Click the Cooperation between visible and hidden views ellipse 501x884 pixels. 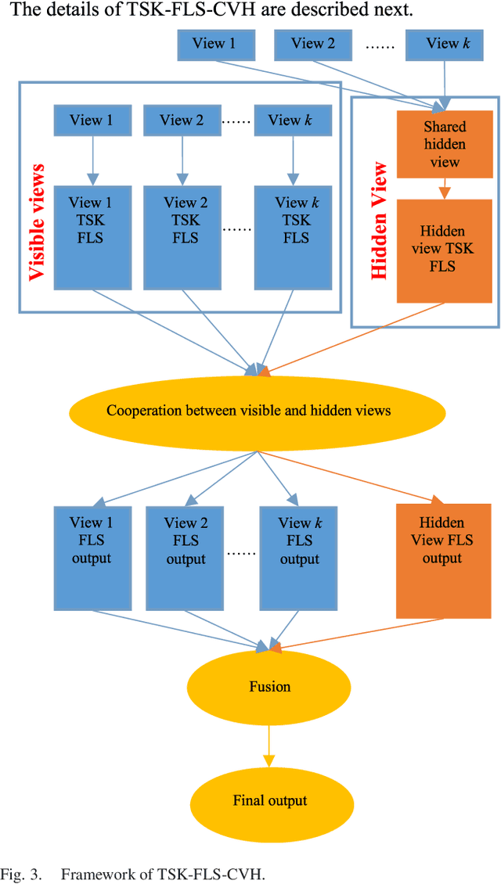(248, 411)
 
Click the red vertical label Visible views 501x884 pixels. (36, 222)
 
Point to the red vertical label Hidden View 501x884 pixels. (378, 221)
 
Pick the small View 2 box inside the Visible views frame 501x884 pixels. (182, 120)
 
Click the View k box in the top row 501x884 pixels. (445, 44)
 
